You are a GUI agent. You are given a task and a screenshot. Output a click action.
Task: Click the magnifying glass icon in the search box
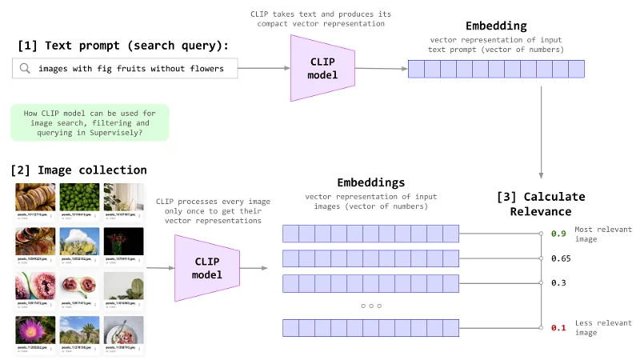click(26, 69)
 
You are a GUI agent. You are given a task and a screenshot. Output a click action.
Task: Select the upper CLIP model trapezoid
click(322, 69)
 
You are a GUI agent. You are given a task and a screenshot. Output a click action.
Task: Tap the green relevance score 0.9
click(558, 234)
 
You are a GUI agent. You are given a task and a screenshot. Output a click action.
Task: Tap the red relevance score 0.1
click(558, 327)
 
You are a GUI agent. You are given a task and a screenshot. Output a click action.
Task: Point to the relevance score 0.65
click(560, 258)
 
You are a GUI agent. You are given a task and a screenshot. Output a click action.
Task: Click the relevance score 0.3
click(558, 283)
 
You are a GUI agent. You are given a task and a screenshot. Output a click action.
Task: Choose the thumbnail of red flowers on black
click(124, 242)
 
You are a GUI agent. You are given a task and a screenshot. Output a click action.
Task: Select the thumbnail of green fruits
click(79, 197)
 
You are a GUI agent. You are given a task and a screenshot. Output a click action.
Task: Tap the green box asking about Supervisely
click(90, 123)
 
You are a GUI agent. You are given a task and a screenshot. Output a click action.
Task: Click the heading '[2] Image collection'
click(78, 170)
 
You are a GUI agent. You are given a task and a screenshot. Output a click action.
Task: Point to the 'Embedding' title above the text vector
click(496, 26)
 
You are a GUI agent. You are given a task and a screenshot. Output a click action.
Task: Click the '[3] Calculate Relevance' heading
click(542, 204)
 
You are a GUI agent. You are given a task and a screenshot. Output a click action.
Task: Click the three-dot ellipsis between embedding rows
click(370, 305)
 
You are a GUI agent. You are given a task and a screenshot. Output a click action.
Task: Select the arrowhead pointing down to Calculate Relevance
click(543, 175)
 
